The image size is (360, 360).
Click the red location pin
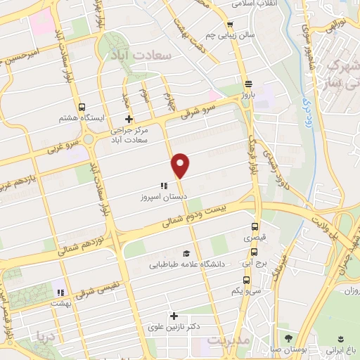coord(181,165)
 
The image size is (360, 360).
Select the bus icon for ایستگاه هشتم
coord(83,108)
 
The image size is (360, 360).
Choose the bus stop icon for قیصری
coord(255,227)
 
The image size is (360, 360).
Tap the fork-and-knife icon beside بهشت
coord(61,292)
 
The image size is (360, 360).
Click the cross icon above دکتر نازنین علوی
coord(174,316)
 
